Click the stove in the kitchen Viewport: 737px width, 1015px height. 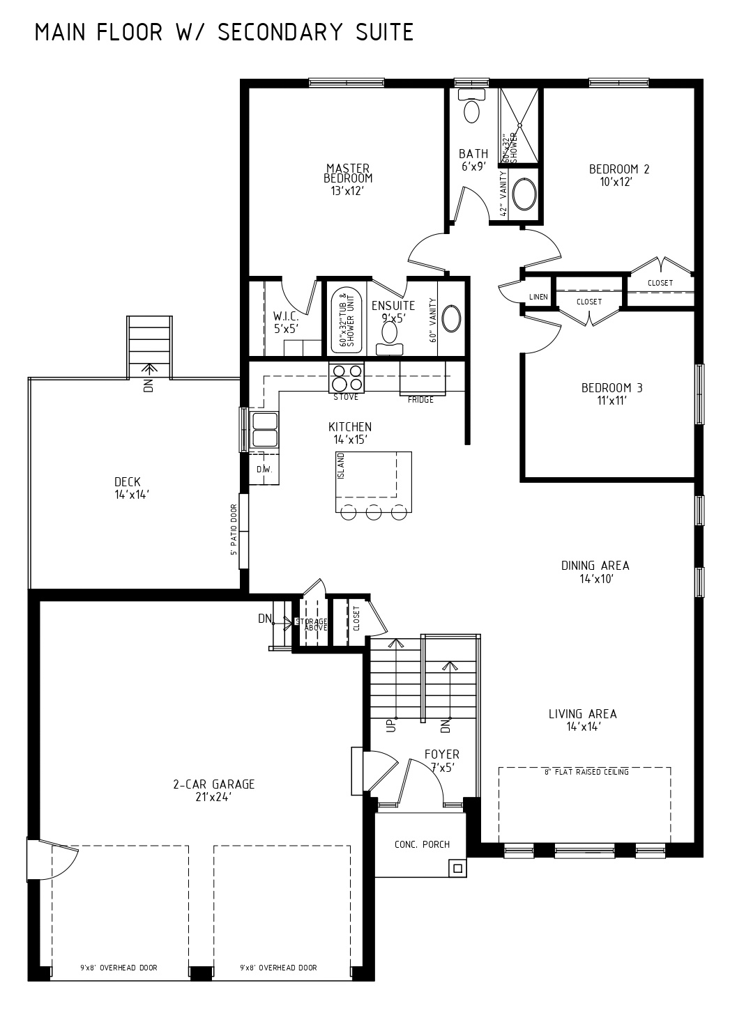point(347,378)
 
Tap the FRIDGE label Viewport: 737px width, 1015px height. point(420,400)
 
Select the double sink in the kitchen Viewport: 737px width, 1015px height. point(265,430)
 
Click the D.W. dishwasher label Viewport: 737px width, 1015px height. point(264,470)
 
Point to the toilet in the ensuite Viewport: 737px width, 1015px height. point(390,339)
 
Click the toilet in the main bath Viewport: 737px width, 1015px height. point(471,106)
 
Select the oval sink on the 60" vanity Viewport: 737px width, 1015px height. point(451,319)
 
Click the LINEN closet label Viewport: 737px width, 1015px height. point(538,297)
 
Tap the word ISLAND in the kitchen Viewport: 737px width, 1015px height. point(341,466)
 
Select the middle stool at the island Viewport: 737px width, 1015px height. point(374,512)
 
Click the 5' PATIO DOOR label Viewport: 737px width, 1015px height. point(234,529)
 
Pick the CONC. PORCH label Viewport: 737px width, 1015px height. point(422,844)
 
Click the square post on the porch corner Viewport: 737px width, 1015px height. point(457,868)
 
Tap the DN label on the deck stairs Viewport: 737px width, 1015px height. point(149,386)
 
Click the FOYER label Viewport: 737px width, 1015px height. point(442,754)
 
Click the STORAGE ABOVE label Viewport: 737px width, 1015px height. point(312,624)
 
